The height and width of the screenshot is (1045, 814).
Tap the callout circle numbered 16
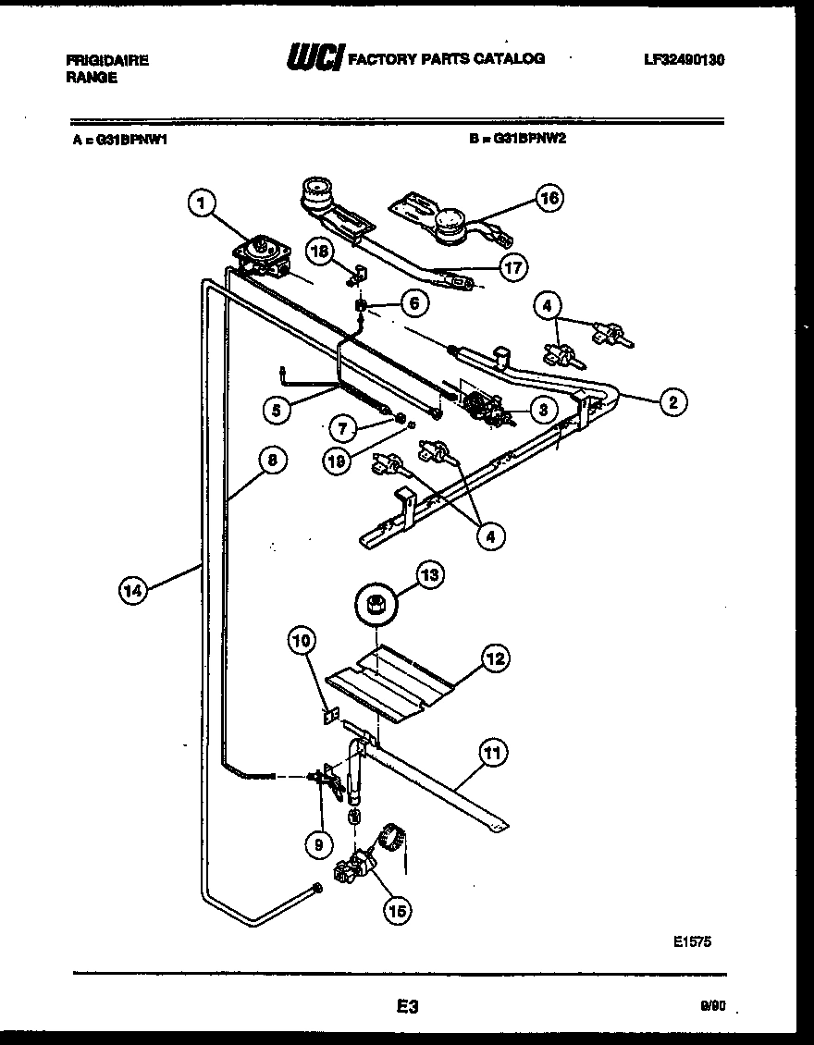point(549,198)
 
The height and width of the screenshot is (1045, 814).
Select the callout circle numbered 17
point(512,268)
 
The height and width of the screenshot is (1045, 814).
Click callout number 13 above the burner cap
point(429,575)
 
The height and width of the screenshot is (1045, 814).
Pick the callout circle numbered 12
point(495,658)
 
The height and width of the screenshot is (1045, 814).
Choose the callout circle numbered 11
point(494,754)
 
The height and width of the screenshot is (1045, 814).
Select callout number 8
point(271,460)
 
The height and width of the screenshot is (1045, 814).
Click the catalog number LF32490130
point(684,59)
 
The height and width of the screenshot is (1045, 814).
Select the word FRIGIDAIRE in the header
point(107,60)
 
